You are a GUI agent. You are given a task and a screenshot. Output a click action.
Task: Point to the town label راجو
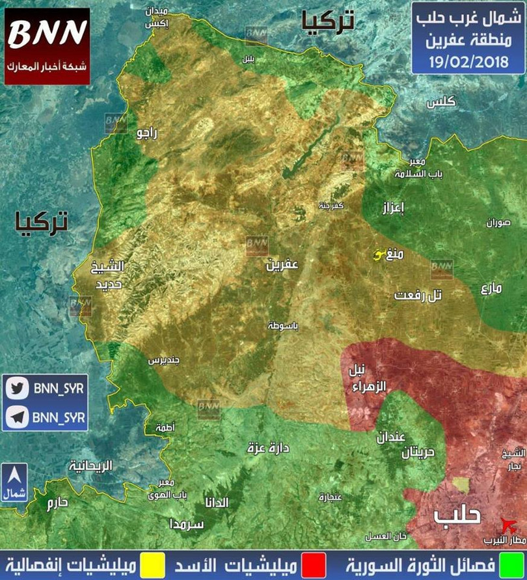click(x=147, y=133)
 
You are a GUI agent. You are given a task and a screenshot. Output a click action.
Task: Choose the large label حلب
click(x=459, y=515)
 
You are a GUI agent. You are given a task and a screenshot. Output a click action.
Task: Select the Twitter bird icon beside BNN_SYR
click(x=17, y=388)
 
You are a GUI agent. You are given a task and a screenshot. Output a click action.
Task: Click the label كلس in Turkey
click(x=442, y=103)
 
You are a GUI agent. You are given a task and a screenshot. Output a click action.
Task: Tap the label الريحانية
click(x=91, y=466)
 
